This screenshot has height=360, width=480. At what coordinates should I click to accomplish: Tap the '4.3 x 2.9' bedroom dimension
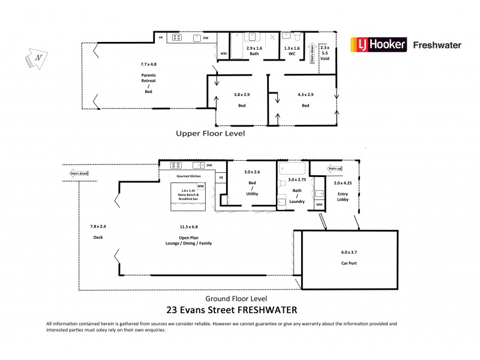(305, 94)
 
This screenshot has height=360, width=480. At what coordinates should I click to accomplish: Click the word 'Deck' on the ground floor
(98, 237)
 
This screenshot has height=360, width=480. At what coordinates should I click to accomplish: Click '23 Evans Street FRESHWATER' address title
(232, 310)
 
